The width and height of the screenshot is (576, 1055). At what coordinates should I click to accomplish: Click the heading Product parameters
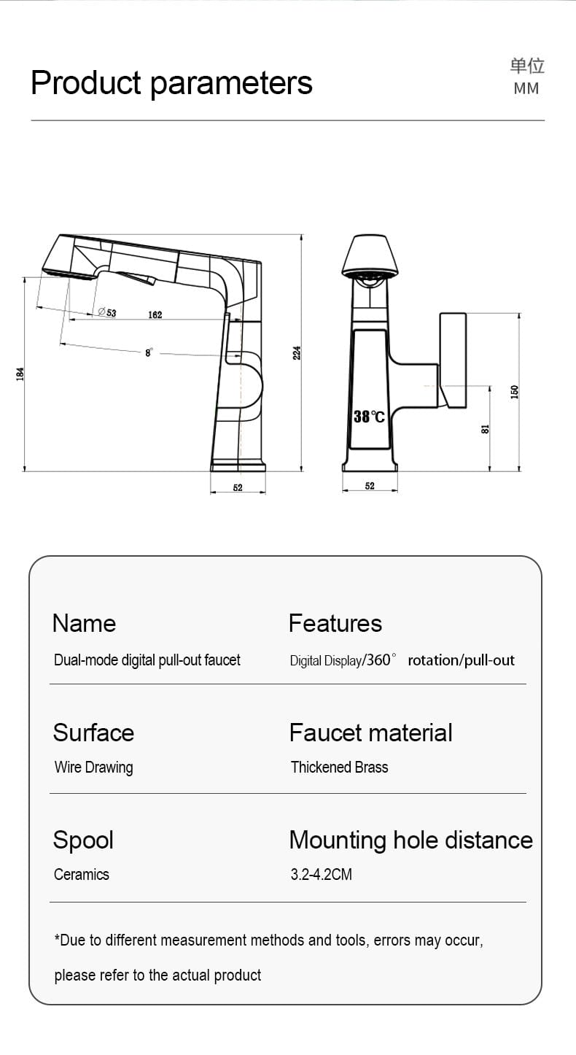coord(171,83)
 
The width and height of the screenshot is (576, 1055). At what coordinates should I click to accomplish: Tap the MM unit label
coord(526,88)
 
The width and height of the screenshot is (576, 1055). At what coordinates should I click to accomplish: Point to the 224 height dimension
coord(297,352)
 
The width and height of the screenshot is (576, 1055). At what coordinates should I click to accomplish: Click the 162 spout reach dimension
coord(155,315)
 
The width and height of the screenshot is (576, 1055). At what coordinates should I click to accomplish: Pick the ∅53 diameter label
coord(106,312)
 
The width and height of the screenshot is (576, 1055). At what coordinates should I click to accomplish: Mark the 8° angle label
coord(149,352)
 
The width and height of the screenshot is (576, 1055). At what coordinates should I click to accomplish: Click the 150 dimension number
coord(514,392)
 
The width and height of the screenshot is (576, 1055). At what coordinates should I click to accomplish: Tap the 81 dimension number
coord(485,430)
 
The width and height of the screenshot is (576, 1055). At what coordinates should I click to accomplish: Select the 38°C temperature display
coord(369,417)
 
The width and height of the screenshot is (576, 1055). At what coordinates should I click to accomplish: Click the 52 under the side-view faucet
coord(238,487)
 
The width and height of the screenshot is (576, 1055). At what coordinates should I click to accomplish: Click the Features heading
coord(335,623)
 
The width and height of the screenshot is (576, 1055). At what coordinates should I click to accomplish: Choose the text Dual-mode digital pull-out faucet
coord(147,660)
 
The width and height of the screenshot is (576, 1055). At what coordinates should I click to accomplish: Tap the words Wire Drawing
coord(93,767)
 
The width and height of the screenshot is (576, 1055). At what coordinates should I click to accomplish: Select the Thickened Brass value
coord(339,767)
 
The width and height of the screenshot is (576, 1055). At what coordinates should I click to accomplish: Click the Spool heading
coord(83,840)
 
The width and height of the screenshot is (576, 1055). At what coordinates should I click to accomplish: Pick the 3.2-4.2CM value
coord(321,874)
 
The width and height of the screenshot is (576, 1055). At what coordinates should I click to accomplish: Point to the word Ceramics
coord(81,874)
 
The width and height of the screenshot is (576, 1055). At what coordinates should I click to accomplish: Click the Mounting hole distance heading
coord(410,840)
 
